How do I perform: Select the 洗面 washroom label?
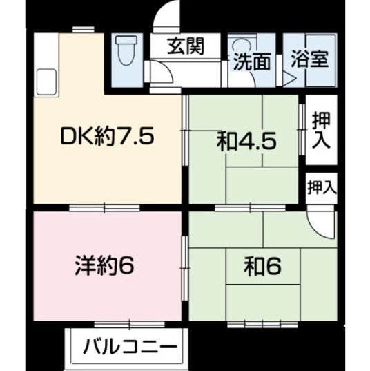click(251, 62)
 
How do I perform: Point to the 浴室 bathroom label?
click(310, 58)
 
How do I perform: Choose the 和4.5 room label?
click(246, 142)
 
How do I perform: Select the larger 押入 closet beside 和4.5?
click(321, 131)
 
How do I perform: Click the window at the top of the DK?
click(81, 30)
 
